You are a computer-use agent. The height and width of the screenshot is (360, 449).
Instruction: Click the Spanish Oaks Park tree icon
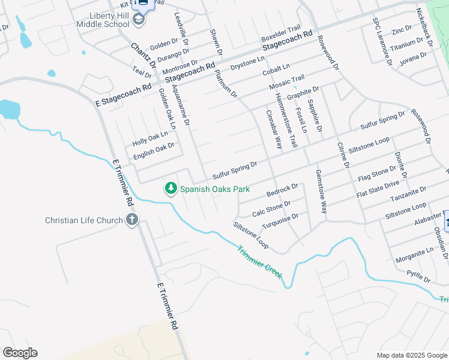171,188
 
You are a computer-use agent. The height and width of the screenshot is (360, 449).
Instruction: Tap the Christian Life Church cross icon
132,220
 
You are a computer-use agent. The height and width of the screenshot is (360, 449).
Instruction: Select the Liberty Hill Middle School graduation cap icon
139,20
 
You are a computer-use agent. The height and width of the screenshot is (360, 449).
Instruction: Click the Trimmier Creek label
259,262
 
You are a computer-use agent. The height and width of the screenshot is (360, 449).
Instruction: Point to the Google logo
20,353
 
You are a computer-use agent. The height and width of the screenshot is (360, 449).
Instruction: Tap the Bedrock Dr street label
282,191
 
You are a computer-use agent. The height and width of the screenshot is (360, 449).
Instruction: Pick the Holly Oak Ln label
150,139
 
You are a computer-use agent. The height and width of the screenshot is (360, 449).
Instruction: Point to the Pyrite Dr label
418,277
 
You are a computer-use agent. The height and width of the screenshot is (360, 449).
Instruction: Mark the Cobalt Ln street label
276,69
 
